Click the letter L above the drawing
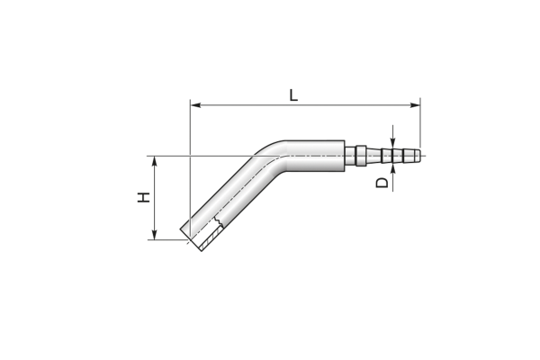click(293, 95)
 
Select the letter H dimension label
click(144, 197)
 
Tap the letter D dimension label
click(382, 183)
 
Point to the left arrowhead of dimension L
click(196, 105)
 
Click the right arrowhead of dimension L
click(415, 105)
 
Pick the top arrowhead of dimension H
click(155, 162)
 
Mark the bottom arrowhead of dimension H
click(155, 234)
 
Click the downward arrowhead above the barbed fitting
click(393, 143)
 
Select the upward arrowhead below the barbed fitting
click(393, 169)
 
